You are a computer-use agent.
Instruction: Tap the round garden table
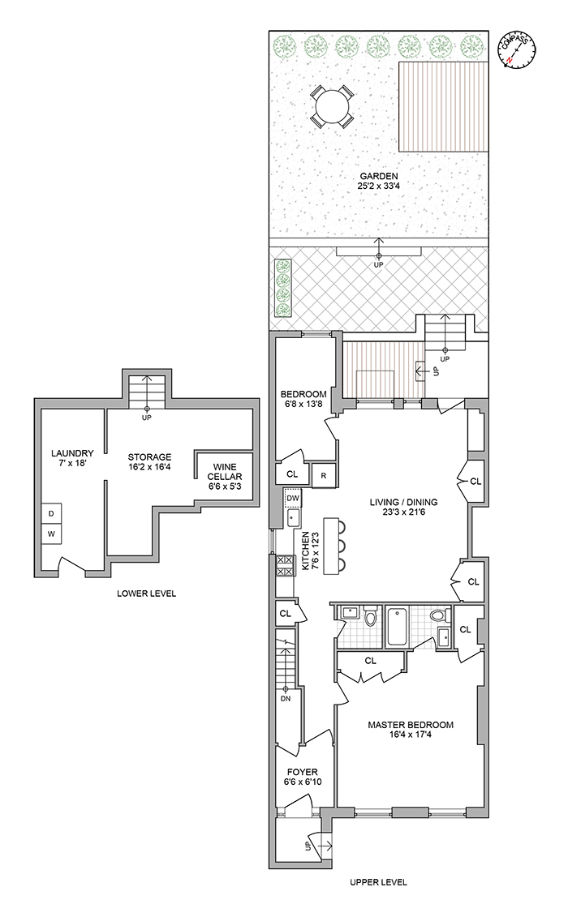click(332, 106)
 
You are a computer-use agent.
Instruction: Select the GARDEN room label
click(379, 176)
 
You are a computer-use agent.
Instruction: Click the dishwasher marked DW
click(293, 498)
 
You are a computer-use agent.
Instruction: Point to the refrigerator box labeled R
click(323, 475)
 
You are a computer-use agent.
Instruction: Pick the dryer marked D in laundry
click(51, 513)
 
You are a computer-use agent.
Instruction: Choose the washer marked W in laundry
click(51, 534)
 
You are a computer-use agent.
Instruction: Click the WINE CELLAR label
click(225, 472)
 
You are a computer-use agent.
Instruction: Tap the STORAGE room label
click(150, 456)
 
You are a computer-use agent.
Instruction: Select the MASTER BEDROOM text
click(411, 725)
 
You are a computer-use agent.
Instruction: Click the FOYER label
click(303, 772)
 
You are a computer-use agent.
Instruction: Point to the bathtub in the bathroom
click(397, 627)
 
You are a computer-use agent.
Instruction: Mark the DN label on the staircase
click(286, 698)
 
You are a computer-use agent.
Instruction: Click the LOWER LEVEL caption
click(146, 593)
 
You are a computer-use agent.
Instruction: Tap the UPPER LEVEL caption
click(378, 882)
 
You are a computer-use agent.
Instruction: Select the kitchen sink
click(293, 518)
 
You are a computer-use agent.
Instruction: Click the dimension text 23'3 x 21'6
click(403, 512)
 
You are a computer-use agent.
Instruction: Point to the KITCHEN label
click(305, 551)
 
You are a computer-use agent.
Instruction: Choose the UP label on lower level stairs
click(147, 418)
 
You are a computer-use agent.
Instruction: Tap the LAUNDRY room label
click(72, 452)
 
